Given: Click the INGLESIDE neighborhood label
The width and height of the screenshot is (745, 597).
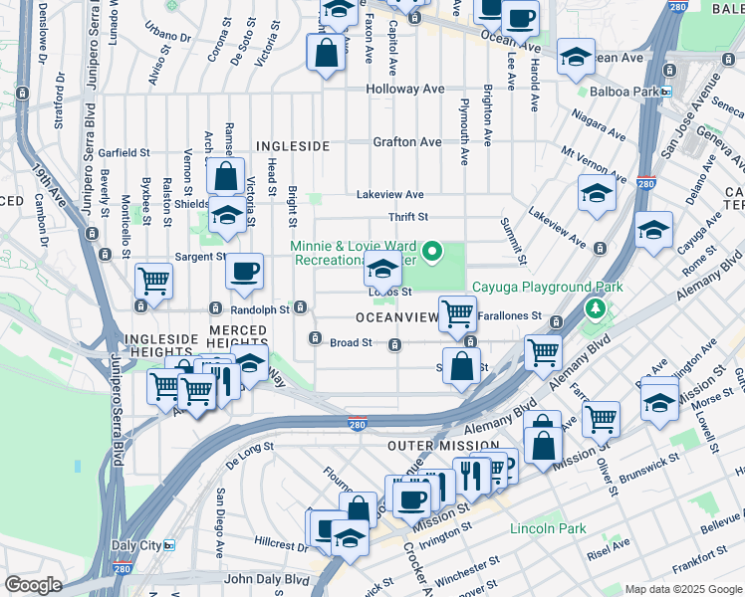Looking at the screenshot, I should tap(293, 146).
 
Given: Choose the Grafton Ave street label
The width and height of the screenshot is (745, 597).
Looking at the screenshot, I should tap(406, 142).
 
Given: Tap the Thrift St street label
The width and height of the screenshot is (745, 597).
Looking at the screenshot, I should tap(407, 217).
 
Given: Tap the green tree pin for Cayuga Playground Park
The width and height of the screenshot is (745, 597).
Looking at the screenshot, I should tap(596, 308).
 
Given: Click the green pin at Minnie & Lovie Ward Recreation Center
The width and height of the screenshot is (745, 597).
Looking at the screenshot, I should tap(432, 253).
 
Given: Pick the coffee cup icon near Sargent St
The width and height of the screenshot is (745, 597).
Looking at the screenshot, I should tap(244, 273).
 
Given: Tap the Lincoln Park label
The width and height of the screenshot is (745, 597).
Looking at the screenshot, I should tap(548, 528).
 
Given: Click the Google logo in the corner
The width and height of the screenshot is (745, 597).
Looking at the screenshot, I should tap(33, 585).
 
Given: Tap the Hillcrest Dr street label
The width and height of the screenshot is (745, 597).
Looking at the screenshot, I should tap(278, 545).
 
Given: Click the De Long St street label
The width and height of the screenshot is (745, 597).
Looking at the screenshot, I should tap(249, 459).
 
